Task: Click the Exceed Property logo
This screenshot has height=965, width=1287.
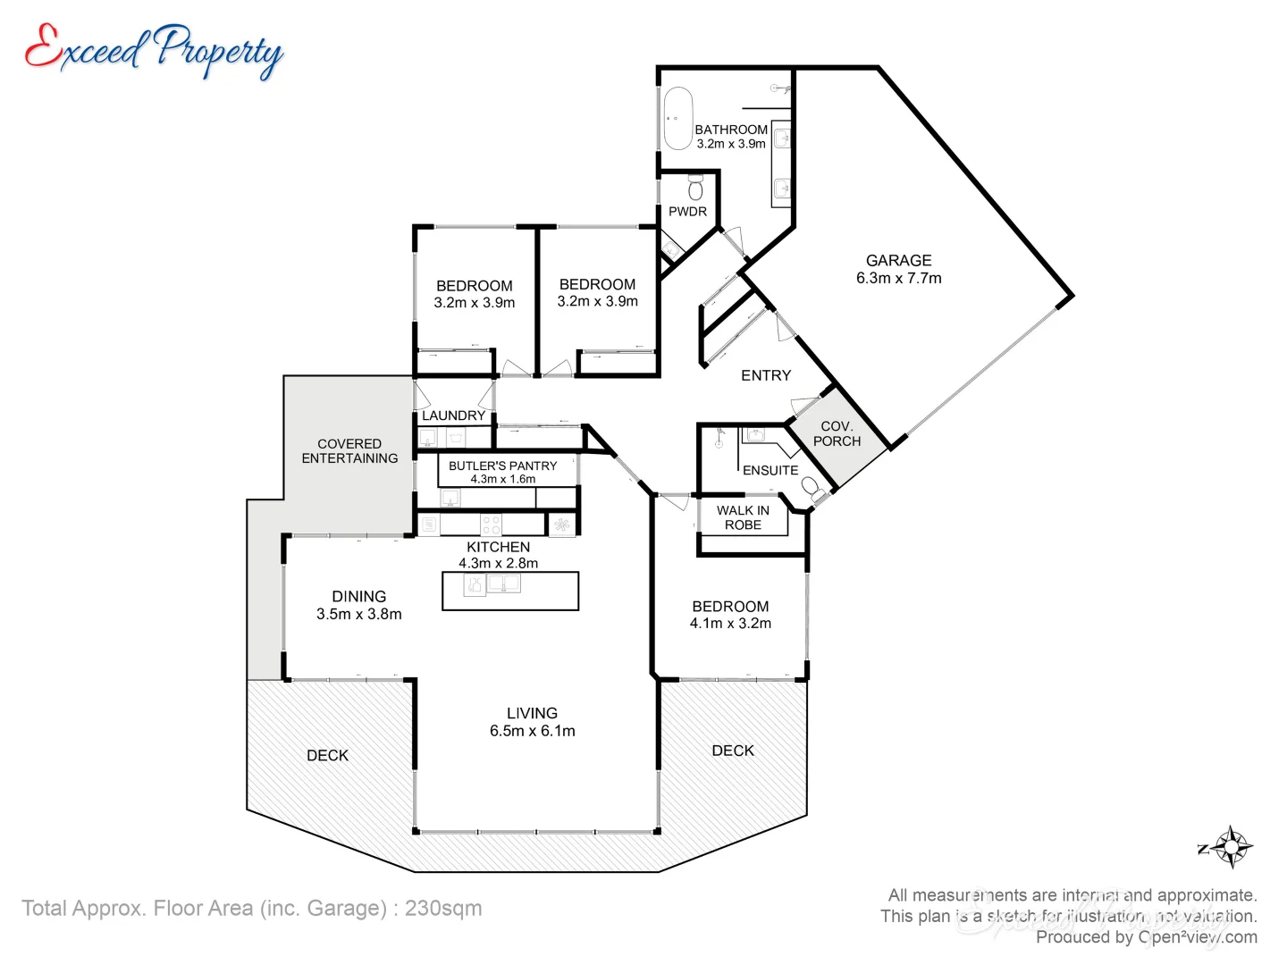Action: [x=154, y=50]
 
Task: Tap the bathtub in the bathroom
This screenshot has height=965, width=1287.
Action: [x=677, y=118]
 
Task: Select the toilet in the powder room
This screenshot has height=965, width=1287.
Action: [x=695, y=188]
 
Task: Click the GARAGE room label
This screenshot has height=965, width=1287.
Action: [x=898, y=260]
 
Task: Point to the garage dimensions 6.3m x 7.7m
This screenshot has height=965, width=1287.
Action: [x=898, y=278]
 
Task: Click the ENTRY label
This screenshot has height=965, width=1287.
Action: [x=766, y=375]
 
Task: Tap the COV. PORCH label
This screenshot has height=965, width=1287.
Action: [x=837, y=433]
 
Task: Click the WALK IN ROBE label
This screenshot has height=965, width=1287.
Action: [x=743, y=517]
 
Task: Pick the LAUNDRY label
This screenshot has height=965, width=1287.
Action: [x=453, y=415]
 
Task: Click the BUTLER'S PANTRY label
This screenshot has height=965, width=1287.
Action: [x=502, y=466]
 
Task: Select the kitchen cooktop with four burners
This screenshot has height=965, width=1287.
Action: [x=491, y=524]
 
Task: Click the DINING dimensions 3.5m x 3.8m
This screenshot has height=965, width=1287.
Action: [x=358, y=614]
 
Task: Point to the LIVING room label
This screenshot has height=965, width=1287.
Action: [x=532, y=713]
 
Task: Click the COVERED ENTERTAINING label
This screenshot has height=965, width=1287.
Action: [x=349, y=450]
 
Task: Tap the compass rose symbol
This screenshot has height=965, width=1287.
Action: [x=1231, y=847]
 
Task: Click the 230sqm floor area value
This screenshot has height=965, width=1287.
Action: [x=443, y=908]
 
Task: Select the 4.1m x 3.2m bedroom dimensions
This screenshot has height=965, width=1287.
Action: [x=730, y=623]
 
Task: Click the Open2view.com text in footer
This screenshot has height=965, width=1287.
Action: [x=1197, y=936]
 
